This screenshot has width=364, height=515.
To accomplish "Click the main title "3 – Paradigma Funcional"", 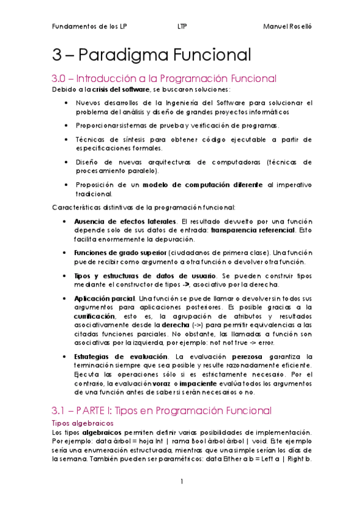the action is (x=151, y=55).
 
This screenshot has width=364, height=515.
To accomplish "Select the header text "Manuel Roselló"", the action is (x=287, y=27).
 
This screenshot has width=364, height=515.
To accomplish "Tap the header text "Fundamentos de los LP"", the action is (x=90, y=27).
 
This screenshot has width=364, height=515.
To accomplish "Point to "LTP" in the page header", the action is (x=182, y=27).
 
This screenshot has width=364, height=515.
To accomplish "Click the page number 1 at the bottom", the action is (x=182, y=482).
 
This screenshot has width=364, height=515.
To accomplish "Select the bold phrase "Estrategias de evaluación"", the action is (x=120, y=355).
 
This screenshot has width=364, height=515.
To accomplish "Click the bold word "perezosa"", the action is (x=247, y=355).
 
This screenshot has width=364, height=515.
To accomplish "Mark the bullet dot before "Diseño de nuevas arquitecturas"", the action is (x=66, y=162).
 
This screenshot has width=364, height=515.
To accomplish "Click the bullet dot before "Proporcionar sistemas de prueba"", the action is (x=66, y=124).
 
